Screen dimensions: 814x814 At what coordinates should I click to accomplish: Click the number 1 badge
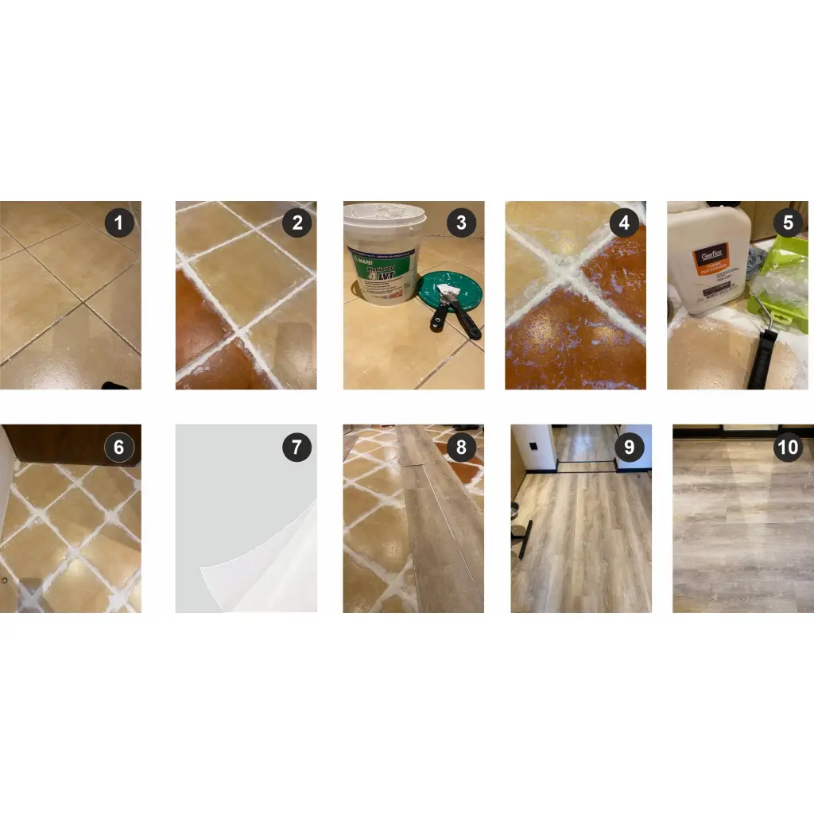(119, 223)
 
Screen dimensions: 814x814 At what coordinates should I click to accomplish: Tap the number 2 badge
(297, 223)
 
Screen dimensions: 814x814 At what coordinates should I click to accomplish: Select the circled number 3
(461, 223)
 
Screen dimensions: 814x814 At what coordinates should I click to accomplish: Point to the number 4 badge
(623, 223)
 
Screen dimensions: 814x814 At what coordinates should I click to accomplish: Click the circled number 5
(787, 223)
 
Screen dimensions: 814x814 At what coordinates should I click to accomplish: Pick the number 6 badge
(119, 448)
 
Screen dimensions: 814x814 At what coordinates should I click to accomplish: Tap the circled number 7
(297, 448)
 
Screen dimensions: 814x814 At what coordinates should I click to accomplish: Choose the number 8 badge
(461, 448)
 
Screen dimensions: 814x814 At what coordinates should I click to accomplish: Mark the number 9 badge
(629, 448)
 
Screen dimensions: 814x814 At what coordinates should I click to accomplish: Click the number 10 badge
(787, 448)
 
